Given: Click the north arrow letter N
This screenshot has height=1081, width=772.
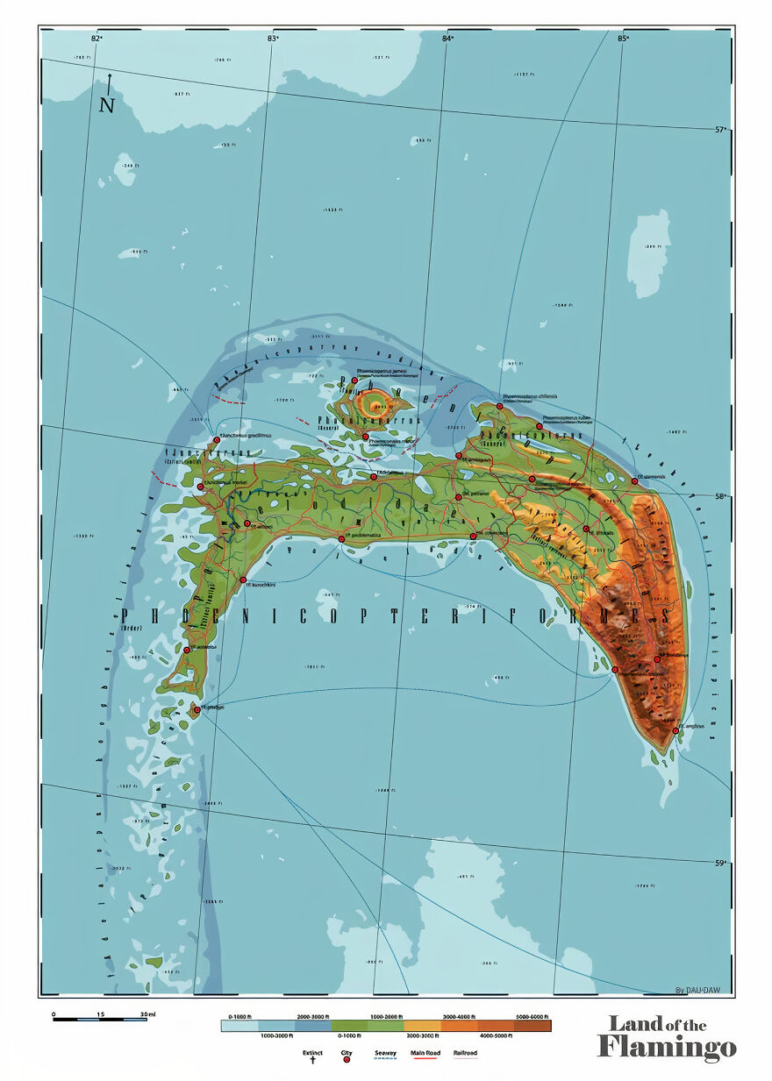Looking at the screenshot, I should click(x=107, y=105).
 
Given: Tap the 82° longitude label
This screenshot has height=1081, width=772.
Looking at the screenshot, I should click(x=96, y=38).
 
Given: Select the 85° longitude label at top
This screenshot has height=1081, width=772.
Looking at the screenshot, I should click(x=623, y=38).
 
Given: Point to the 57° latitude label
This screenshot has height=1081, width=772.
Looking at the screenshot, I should click(x=720, y=130).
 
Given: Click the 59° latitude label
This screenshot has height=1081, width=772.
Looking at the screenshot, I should click(x=720, y=864).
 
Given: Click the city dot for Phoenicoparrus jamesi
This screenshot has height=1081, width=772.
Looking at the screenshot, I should click(x=354, y=380).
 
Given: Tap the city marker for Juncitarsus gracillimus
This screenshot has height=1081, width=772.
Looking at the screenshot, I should click(x=217, y=440).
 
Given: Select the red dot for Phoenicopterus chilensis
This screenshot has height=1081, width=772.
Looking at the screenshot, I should click(x=499, y=407).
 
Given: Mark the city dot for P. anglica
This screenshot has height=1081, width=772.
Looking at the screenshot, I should click(x=675, y=730).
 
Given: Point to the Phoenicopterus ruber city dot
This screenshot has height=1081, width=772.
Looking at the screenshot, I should click(x=540, y=427).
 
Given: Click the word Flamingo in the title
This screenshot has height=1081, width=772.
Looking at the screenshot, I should click(x=666, y=1047).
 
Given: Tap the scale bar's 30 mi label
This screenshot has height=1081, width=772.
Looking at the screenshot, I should click(x=147, y=1014).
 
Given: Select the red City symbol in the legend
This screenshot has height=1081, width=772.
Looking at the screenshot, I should click(x=346, y=1060).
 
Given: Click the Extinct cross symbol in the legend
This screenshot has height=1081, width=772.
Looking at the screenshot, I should click(x=312, y=1060).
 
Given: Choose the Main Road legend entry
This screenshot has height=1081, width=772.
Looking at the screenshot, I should click(x=425, y=1056).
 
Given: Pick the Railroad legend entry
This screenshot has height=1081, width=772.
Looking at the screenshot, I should click(x=465, y=1056).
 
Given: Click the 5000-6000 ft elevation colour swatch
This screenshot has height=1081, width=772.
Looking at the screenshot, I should click(x=533, y=1025).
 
